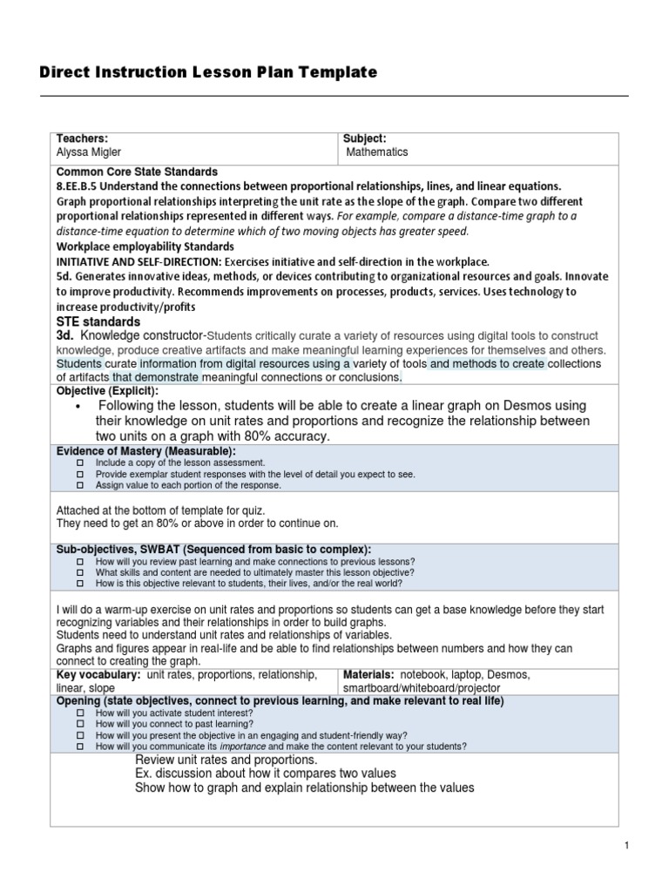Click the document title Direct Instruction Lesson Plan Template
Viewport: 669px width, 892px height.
coord(208,73)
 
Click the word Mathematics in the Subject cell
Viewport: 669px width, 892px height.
coord(377,152)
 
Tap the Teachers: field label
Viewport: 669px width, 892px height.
coord(82,139)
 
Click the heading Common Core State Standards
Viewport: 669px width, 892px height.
coord(137,172)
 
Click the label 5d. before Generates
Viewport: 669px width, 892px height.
coord(66,277)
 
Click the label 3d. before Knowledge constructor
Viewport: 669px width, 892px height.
coord(66,335)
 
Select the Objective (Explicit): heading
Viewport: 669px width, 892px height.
coord(107,391)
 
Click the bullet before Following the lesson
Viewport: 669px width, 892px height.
coord(78,407)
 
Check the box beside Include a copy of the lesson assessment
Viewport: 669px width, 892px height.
coord(79,463)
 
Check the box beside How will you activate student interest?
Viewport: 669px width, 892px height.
coord(79,713)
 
